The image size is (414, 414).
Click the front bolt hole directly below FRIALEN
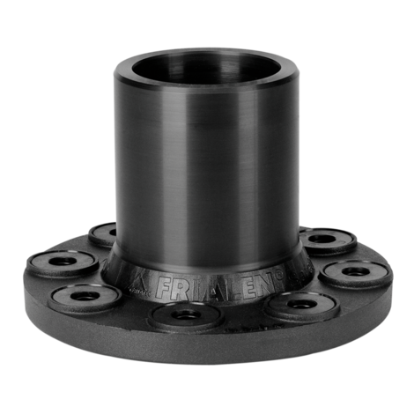[183, 315]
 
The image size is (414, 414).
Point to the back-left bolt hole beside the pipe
[104, 234]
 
